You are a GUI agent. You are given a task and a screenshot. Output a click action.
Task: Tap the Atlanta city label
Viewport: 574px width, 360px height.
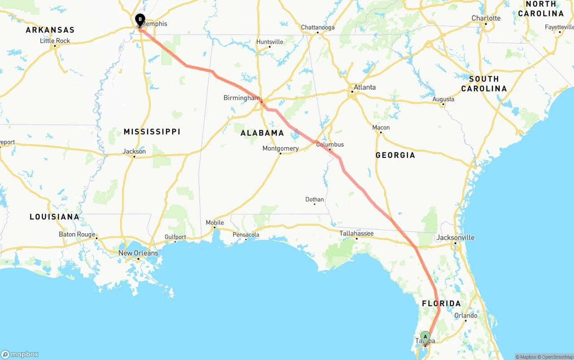point(365,87)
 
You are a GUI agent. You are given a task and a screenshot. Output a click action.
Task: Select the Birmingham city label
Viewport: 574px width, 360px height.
point(242,98)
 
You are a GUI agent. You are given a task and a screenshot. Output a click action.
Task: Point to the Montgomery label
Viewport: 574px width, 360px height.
point(281,148)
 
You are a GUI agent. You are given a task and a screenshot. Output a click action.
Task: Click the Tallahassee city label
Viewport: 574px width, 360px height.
point(357,233)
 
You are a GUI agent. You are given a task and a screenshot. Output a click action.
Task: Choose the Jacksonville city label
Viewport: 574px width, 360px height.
point(455,238)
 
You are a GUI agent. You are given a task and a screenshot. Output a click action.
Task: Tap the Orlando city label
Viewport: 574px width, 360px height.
point(466,316)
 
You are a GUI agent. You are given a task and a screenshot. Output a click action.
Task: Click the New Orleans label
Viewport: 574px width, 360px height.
point(138,253)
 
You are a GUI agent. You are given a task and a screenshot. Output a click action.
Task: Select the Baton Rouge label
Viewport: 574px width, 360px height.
point(77,234)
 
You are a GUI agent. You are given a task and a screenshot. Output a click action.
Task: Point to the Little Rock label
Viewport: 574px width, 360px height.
point(55,41)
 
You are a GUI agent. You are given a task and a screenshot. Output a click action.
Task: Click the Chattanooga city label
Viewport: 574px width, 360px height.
point(317,27)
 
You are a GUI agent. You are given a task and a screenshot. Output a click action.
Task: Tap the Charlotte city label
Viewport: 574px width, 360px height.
point(486,18)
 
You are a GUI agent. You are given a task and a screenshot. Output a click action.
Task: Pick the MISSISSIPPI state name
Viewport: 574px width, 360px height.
point(152,131)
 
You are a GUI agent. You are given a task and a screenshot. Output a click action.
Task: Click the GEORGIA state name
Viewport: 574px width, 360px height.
point(395,155)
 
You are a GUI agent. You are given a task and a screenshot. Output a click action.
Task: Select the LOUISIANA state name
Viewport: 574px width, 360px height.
point(54,217)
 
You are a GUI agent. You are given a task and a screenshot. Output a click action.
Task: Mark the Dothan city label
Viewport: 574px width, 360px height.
point(314,200)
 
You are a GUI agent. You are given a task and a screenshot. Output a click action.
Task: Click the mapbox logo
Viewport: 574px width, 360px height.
point(20,354)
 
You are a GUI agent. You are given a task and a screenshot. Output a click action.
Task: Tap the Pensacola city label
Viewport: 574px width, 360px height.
point(246,234)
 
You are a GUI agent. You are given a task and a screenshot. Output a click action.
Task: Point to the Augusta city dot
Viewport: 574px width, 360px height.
point(443,104)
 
